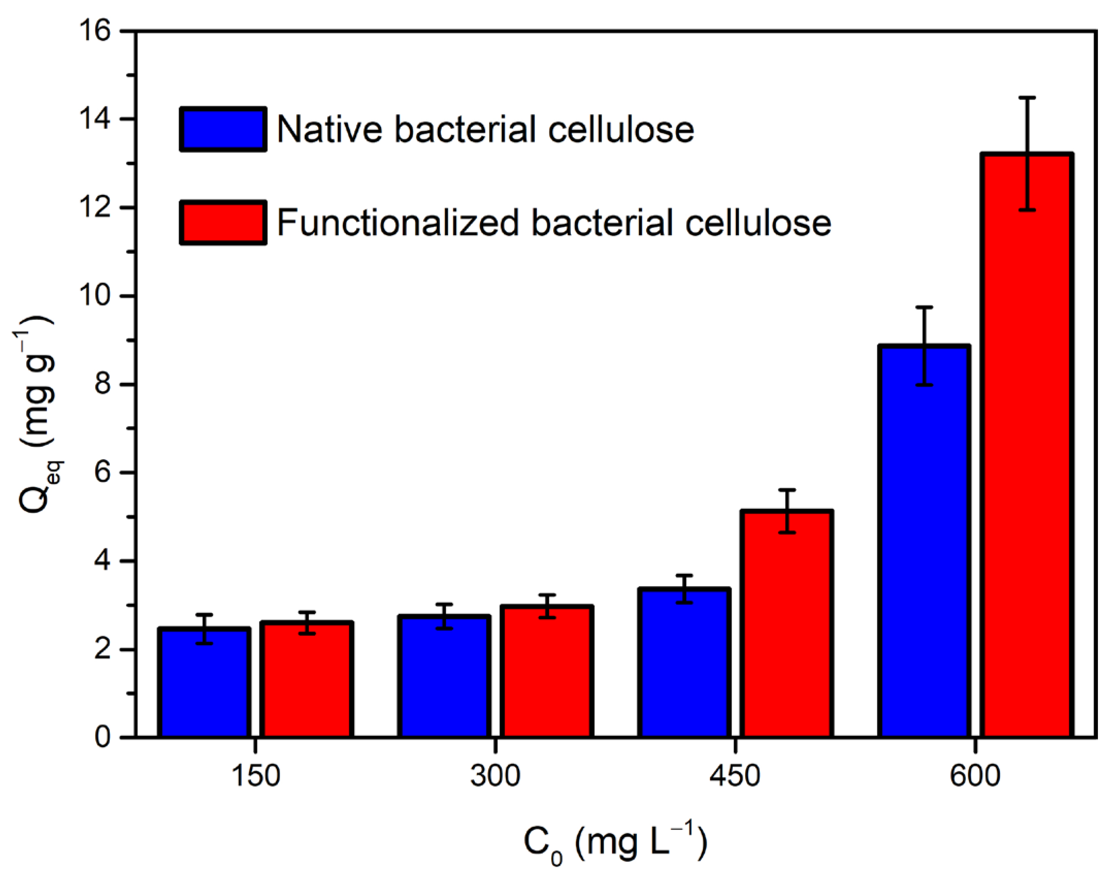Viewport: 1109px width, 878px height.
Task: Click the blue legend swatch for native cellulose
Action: tap(223, 129)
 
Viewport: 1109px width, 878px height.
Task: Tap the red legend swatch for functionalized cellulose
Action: tap(223, 223)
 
